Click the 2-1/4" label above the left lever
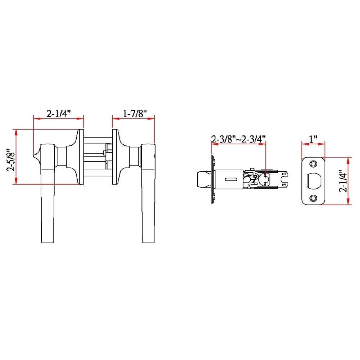58,113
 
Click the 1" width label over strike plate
313,138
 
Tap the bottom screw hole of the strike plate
313,198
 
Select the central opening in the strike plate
313,181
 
